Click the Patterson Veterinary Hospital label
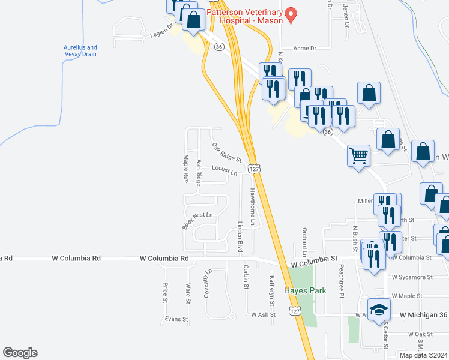244,16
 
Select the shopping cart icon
358,156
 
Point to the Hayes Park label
305,290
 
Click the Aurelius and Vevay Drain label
80,51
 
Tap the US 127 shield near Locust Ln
255,169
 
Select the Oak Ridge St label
226,152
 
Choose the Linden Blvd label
240,236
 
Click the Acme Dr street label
304,48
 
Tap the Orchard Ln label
305,239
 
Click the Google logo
20,353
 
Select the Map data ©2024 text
424,355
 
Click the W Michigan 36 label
423,314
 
